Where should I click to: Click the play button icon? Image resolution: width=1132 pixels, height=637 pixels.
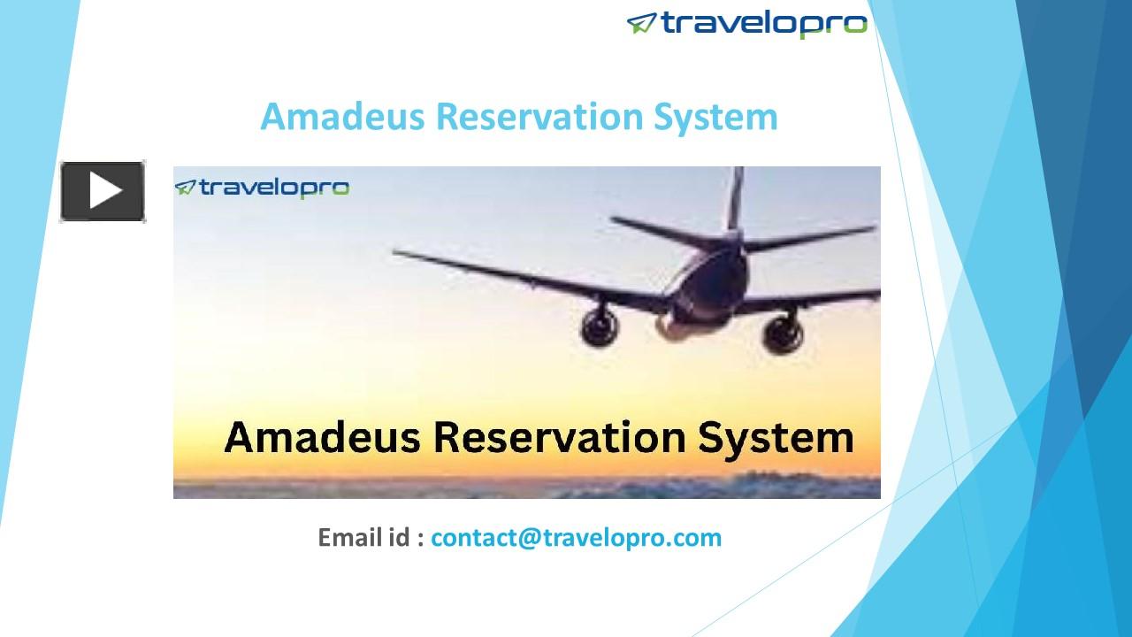tap(103, 191)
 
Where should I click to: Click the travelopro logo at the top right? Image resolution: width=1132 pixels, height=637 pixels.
tap(747, 23)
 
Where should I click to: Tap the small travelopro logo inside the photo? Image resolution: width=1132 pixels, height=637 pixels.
tap(262, 188)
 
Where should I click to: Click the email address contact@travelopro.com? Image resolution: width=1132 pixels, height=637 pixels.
tap(576, 537)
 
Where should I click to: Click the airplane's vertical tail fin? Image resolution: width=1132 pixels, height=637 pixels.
tap(734, 199)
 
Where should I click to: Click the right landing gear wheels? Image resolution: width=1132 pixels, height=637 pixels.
tap(784, 335)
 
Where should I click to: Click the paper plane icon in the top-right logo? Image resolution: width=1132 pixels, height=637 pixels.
tap(641, 23)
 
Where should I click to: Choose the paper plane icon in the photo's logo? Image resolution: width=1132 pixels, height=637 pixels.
tap(185, 188)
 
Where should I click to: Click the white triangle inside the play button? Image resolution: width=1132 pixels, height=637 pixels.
tap(105, 191)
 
